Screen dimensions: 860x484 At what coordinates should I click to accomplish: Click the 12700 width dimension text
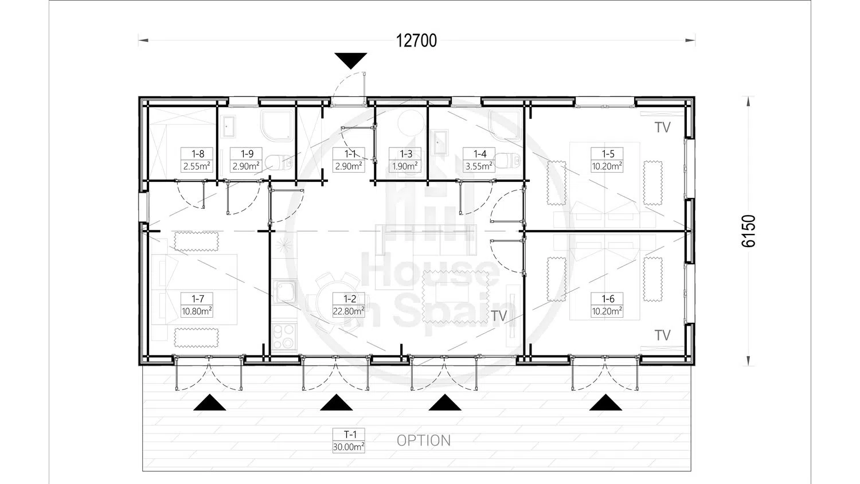(416, 41)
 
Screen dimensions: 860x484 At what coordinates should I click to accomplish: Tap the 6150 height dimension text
(749, 231)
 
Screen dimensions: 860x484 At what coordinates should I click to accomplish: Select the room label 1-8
(198, 154)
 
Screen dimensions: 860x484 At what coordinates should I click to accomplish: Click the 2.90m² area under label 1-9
(246, 166)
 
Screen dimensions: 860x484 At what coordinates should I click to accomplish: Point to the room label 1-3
(406, 154)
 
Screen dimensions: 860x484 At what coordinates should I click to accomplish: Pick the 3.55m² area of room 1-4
(479, 166)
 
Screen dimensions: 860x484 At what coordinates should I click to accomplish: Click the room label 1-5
(608, 154)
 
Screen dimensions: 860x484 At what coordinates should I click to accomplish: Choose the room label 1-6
(608, 298)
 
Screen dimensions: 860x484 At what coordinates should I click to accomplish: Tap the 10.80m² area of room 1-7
(197, 311)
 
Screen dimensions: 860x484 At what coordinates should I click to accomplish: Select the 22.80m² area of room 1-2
(349, 311)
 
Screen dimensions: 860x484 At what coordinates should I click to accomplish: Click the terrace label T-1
(350, 435)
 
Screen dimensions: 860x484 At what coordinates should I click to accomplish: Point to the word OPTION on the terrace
(424, 440)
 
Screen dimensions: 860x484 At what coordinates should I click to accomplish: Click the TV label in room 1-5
(663, 127)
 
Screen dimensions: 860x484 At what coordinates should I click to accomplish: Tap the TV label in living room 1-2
(499, 316)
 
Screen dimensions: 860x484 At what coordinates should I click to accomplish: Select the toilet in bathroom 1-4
(507, 161)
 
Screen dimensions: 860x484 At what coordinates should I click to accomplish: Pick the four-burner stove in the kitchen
(284, 337)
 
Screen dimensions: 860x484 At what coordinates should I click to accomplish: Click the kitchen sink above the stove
(284, 291)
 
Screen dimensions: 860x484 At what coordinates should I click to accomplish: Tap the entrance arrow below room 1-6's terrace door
(605, 402)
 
